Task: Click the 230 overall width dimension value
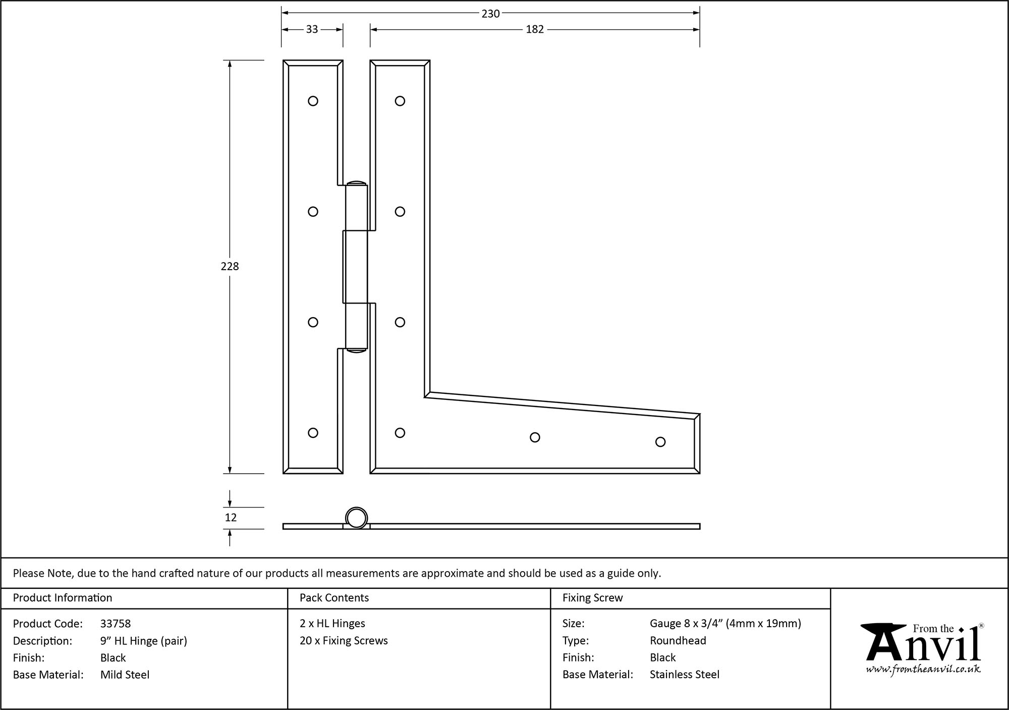click(490, 14)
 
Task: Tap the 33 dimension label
click(312, 29)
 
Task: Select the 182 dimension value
click(534, 29)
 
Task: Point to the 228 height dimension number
click(230, 266)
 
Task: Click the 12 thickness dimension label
click(231, 517)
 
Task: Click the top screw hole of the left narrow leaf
click(313, 101)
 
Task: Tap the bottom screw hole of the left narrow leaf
click(313, 433)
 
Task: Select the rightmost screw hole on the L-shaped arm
click(660, 442)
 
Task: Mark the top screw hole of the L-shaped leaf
click(400, 101)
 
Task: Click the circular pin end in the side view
click(356, 518)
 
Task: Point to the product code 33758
click(116, 624)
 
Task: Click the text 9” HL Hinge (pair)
click(144, 641)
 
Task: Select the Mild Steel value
click(125, 675)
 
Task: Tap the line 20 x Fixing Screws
click(344, 641)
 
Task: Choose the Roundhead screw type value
click(678, 641)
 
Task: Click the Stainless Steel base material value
click(684, 675)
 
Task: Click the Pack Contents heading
click(334, 598)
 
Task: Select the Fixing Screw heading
click(592, 598)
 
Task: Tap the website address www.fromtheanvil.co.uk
click(923, 669)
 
